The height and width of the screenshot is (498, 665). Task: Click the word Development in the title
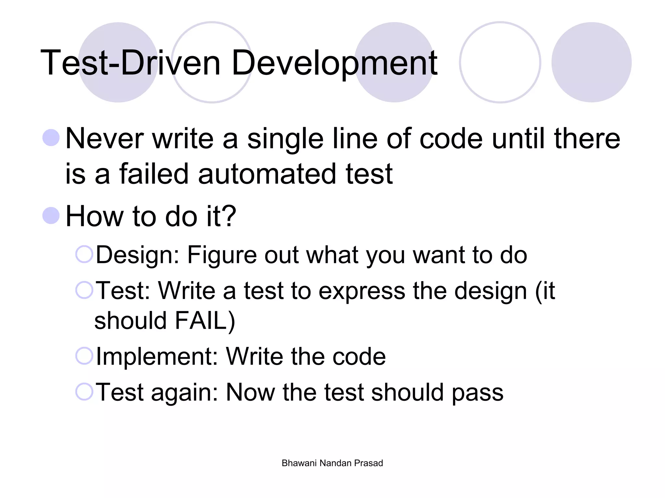click(334, 63)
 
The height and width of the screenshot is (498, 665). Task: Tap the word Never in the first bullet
click(104, 139)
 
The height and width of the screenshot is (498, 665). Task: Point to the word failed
click(154, 174)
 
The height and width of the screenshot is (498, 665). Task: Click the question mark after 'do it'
click(229, 216)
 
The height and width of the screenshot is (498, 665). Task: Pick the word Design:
click(138, 255)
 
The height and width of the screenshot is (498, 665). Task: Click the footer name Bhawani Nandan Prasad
click(332, 463)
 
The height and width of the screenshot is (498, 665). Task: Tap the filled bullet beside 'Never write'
click(51, 138)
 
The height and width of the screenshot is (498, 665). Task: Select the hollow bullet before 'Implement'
click(84, 356)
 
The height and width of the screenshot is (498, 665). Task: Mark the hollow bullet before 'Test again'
click(84, 391)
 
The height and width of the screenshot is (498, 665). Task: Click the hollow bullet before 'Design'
click(84, 254)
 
